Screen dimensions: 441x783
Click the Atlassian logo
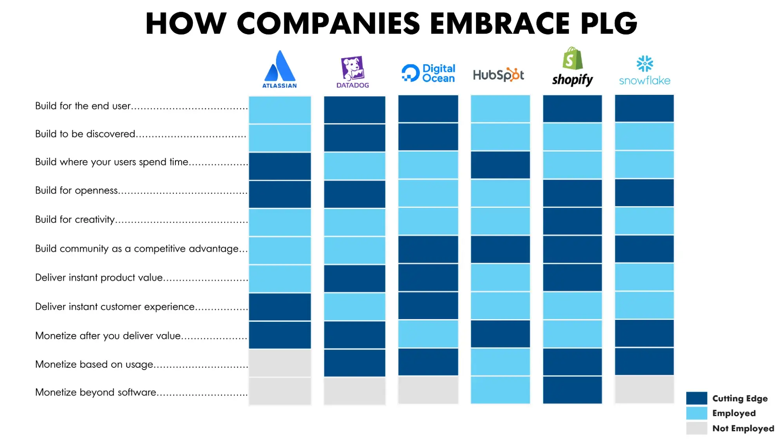pos(280,69)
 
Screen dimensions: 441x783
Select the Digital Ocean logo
pos(428,73)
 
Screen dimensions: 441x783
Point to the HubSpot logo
pos(498,74)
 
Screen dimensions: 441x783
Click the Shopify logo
pos(572,67)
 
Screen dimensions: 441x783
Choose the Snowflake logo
pos(644,71)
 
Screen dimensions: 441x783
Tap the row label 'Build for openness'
pos(76,191)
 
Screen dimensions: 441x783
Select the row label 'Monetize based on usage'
pos(94,365)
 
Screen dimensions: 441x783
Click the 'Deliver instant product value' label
pos(99,278)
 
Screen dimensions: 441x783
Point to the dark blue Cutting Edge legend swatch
pos(696,398)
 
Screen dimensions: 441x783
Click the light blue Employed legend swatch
pos(696,413)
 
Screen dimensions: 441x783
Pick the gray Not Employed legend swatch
pos(696,428)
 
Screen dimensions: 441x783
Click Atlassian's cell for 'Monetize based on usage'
pos(280,363)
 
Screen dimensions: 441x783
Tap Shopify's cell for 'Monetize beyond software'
pos(572,390)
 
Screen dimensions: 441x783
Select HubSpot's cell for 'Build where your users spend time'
pos(500,165)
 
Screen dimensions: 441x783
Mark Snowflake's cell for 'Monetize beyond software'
pos(644,389)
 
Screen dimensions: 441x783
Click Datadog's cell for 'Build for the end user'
pos(354,110)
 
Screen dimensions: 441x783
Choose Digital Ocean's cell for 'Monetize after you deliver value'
pos(428,334)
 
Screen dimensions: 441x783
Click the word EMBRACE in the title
pos(500,24)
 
